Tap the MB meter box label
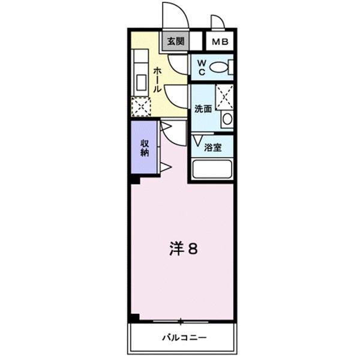[x=218, y=42]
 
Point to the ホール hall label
[x=157, y=79]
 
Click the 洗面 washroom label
[x=203, y=109]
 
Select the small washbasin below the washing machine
[x=226, y=118]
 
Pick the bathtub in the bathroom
[x=211, y=170]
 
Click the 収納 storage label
[x=145, y=148]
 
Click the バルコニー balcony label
[x=184, y=338]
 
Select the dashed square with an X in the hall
[x=142, y=106]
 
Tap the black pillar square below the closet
[x=135, y=179]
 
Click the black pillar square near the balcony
[x=135, y=317]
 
